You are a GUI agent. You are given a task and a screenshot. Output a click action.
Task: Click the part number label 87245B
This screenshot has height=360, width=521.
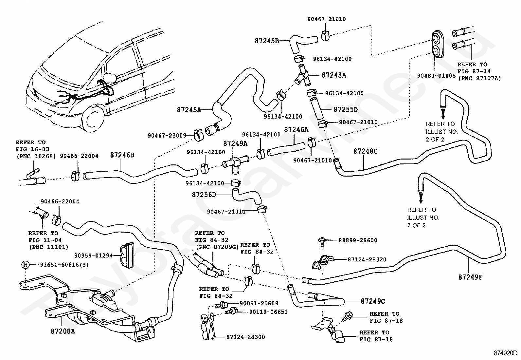[267, 41]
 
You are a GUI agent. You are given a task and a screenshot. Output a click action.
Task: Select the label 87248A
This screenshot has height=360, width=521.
[334, 75]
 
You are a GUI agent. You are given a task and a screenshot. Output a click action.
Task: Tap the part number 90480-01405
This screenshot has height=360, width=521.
[436, 76]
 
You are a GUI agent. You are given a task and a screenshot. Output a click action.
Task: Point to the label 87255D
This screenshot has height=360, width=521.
[346, 109]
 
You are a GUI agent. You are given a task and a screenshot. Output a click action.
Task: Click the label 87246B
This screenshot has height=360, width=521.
[122, 155]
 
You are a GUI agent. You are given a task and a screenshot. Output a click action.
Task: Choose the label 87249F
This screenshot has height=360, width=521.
[470, 277]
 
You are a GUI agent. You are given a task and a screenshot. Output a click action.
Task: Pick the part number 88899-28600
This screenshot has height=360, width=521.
[358, 240]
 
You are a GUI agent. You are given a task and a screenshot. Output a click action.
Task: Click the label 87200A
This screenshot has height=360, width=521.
[63, 331]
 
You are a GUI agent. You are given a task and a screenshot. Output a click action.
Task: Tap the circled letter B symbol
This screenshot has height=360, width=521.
[25, 265]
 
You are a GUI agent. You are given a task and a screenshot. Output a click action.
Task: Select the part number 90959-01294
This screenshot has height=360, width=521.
[93, 256]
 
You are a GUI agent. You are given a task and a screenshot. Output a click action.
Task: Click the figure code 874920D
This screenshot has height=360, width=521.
[505, 353]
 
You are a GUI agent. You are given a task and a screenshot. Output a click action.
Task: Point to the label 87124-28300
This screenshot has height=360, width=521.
[246, 337]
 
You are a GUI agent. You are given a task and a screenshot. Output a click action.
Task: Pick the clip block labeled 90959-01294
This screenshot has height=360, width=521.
[127, 255]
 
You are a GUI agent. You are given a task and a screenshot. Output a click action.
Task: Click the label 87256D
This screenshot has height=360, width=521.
[204, 195]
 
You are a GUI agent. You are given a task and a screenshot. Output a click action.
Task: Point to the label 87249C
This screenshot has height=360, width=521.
[373, 301]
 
